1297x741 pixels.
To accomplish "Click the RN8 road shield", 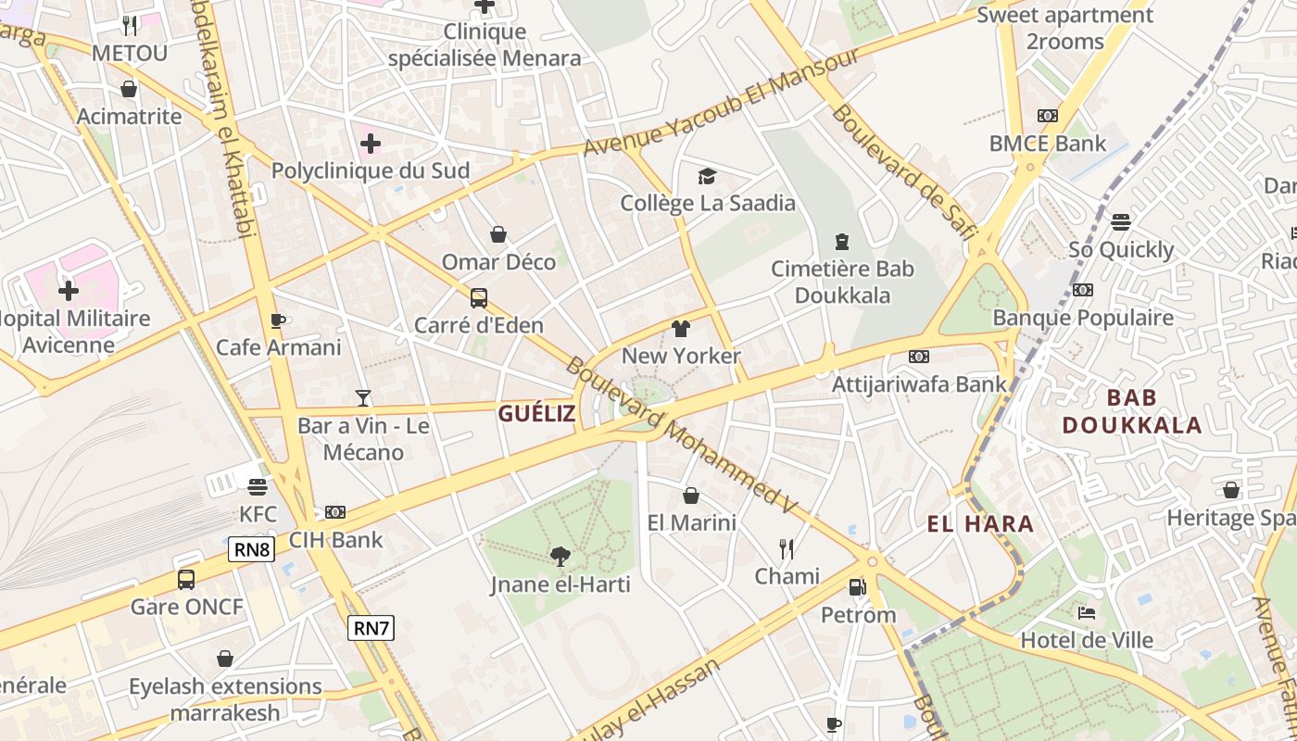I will (252, 549).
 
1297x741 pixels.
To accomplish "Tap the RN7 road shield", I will (371, 628).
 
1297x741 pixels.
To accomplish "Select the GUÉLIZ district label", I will (536, 414).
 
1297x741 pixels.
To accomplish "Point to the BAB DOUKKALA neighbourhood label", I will (1131, 411).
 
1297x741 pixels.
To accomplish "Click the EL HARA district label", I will (980, 524).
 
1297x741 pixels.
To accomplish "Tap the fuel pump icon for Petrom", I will (858, 586).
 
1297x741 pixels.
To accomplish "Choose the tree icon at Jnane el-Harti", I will (560, 556).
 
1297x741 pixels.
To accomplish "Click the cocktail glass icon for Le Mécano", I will (363, 398).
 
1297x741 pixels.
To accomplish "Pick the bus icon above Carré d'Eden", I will (478, 297).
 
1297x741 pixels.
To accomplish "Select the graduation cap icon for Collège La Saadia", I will (707, 175).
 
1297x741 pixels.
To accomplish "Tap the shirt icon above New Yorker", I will (681, 328).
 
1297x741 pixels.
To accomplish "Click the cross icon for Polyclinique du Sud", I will (371, 144).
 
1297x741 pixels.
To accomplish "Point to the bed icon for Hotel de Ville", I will (1087, 612).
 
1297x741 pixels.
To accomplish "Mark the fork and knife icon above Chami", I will (787, 549).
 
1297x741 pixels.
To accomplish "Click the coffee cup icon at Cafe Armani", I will (277, 320).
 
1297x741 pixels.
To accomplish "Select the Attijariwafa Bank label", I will (918, 383).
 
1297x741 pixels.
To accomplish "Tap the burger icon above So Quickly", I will (1121, 222).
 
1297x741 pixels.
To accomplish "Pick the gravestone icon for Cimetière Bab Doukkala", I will (841, 242).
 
